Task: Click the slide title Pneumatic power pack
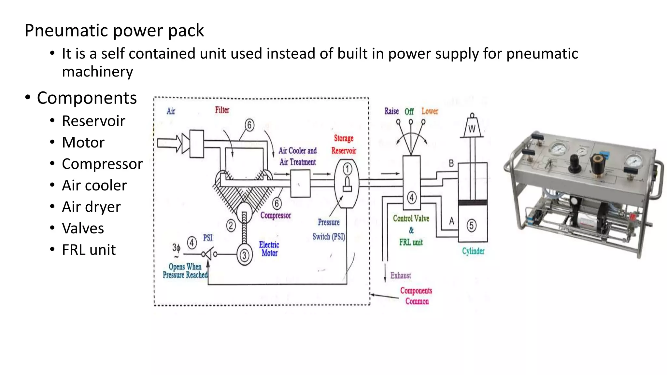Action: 114,31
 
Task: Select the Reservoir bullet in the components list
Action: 93,121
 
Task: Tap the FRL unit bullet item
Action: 89,250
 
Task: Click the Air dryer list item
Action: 91,207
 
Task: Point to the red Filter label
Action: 222,110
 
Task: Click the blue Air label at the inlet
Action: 171,111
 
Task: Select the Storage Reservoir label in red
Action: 344,144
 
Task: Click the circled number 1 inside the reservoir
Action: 347,169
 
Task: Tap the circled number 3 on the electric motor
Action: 244,256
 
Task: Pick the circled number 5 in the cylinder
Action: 471,225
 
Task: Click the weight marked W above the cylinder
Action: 472,128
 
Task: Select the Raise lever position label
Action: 391,111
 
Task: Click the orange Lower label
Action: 430,111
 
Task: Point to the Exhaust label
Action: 401,276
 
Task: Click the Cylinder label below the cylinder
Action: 473,251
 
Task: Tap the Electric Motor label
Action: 269,249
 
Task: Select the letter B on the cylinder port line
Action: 451,163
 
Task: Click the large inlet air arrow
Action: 169,143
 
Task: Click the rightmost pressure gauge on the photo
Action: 634,161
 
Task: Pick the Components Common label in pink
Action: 416,296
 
